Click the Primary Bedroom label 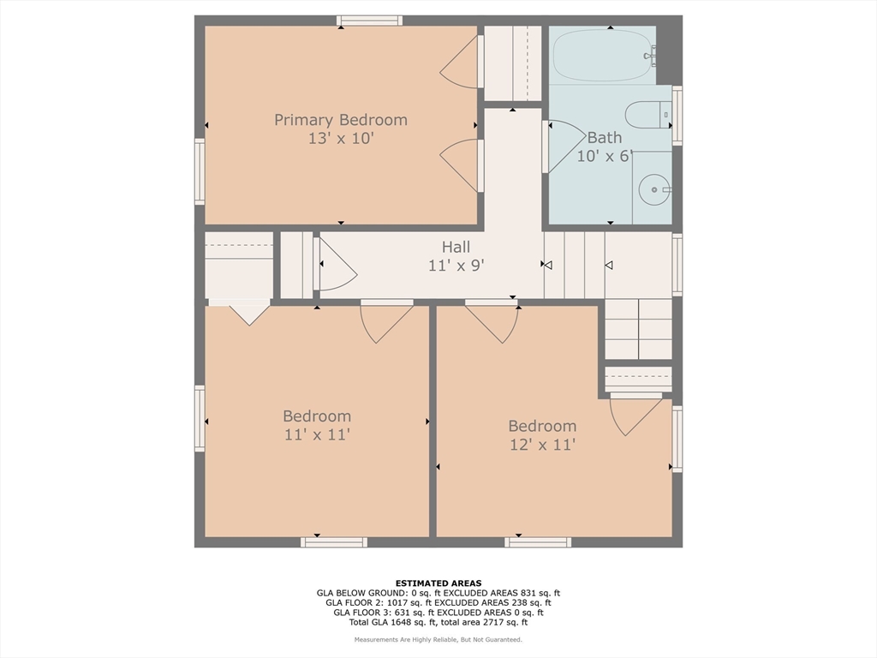341,120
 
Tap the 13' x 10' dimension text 341,138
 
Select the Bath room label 604,137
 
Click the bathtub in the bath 602,56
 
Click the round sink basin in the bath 653,188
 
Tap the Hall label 456,247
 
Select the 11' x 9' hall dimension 456,266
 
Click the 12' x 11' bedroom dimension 542,445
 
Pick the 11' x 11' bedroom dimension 317,434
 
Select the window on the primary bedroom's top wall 369,21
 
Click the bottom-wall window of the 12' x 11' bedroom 538,542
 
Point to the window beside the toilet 677,116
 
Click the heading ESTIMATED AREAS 438,583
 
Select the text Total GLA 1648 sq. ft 392,622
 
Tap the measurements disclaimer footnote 438,639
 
